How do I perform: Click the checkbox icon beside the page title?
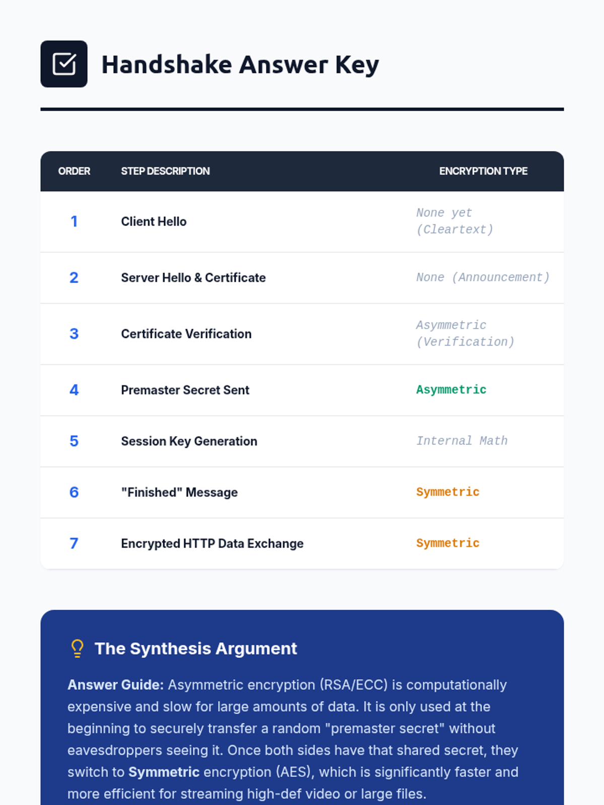pyautogui.click(x=64, y=64)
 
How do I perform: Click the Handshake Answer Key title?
pyautogui.click(x=240, y=65)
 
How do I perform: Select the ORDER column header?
pyautogui.click(x=74, y=171)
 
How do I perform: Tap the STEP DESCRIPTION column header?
pyautogui.click(x=165, y=171)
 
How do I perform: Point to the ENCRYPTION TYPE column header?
pyautogui.click(x=483, y=171)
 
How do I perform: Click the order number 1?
pyautogui.click(x=74, y=221)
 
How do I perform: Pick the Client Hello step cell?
pyautogui.click(x=154, y=221)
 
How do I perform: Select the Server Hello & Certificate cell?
pyautogui.click(x=193, y=278)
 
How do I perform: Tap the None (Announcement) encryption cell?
pyautogui.click(x=483, y=277)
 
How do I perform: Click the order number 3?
pyautogui.click(x=74, y=334)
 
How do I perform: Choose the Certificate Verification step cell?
pyautogui.click(x=186, y=334)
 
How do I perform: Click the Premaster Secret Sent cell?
pyautogui.click(x=185, y=390)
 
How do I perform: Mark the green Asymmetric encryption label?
pyautogui.click(x=451, y=390)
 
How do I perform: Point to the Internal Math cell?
pyautogui.click(x=462, y=441)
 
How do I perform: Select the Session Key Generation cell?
pyautogui.click(x=189, y=441)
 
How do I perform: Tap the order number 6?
pyautogui.click(x=74, y=492)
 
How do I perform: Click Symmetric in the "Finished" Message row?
pyautogui.click(x=447, y=492)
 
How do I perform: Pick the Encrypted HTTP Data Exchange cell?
pyautogui.click(x=212, y=543)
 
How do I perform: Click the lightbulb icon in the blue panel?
pyautogui.click(x=78, y=649)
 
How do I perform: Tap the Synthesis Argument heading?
pyautogui.click(x=196, y=649)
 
